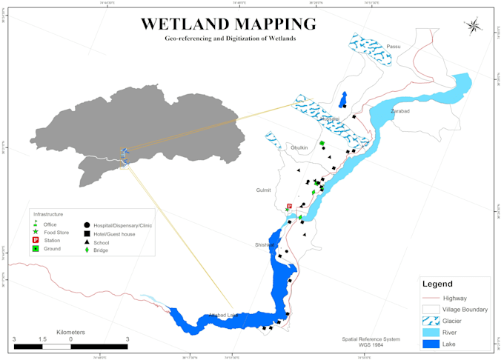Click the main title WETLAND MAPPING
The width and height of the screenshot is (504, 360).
click(228, 24)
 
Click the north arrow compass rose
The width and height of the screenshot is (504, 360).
click(473, 27)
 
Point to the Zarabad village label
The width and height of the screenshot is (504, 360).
click(400, 111)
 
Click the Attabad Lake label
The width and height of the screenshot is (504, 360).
click(223, 316)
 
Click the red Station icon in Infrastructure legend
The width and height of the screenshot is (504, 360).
click(35, 241)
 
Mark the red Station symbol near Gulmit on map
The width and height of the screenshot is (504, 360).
click(289, 207)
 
